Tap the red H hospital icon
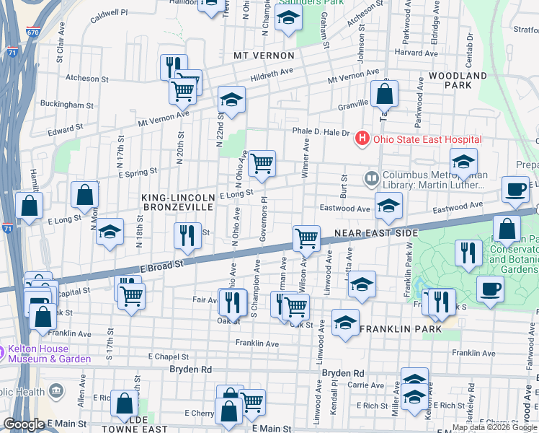click(x=362, y=139)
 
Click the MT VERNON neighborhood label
click(x=264, y=56)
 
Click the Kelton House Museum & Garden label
click(x=50, y=354)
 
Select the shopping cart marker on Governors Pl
click(x=262, y=163)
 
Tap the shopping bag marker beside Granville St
click(x=385, y=93)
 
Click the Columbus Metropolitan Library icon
click(x=372, y=176)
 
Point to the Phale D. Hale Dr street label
click(x=321, y=132)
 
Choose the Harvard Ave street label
click(x=417, y=53)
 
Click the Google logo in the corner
click(x=24, y=424)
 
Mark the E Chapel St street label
click(x=168, y=357)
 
